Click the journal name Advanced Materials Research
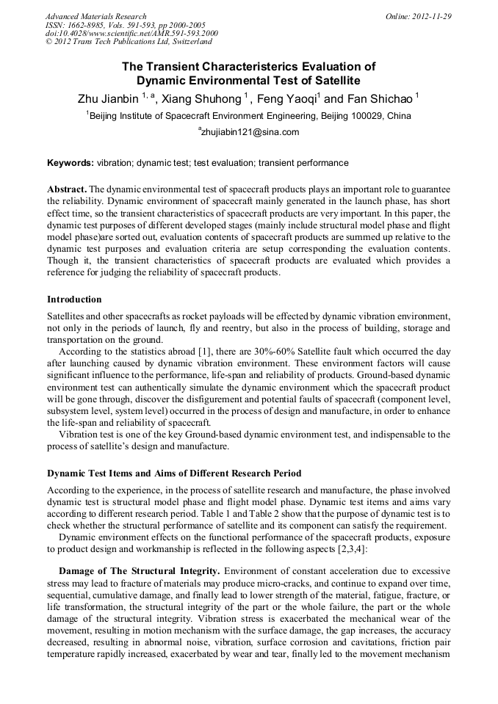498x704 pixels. (95, 16)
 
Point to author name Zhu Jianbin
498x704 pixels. (109, 99)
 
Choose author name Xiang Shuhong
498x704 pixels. (201, 99)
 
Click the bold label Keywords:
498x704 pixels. (71, 163)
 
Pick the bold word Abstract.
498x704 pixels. (67, 189)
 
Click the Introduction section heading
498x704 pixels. (74, 300)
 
